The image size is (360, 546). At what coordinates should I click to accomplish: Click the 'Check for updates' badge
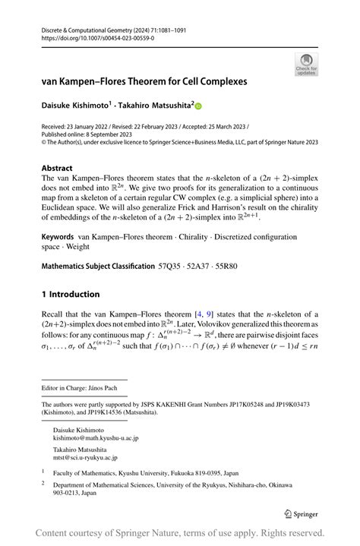tap(306, 63)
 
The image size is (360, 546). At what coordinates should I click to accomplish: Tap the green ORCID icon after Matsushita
tap(200, 107)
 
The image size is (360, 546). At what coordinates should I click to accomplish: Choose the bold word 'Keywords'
tap(58, 216)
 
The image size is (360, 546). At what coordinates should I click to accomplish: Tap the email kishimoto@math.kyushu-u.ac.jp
tap(95, 438)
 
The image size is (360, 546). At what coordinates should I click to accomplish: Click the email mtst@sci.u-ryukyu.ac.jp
tap(86, 458)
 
